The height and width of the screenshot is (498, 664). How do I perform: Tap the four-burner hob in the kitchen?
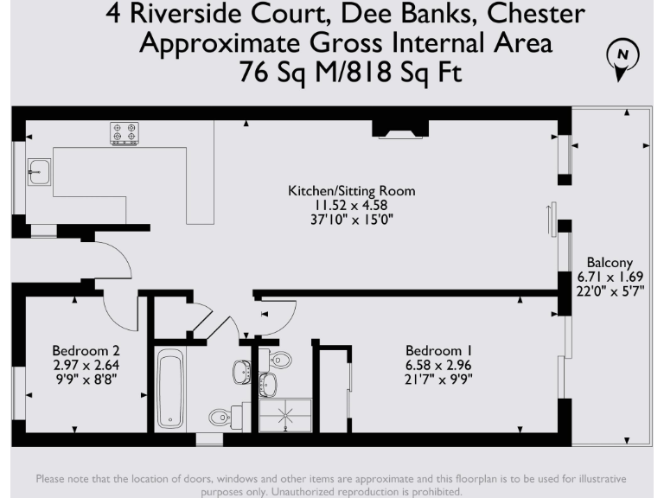(x=124, y=134)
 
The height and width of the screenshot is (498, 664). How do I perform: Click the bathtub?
(x=170, y=389)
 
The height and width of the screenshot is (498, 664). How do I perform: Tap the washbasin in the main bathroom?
(x=241, y=371)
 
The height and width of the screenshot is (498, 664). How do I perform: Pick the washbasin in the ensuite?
(x=269, y=383)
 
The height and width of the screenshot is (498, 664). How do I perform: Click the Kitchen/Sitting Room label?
(x=351, y=191)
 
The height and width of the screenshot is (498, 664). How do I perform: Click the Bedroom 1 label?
(x=439, y=350)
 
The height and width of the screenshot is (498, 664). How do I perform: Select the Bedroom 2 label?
(x=86, y=350)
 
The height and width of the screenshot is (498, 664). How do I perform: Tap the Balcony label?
(x=610, y=263)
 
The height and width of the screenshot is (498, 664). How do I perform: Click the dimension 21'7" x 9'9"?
(x=439, y=378)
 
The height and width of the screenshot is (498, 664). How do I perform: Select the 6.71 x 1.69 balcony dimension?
(x=610, y=277)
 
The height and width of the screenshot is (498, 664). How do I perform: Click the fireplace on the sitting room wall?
(x=399, y=130)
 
